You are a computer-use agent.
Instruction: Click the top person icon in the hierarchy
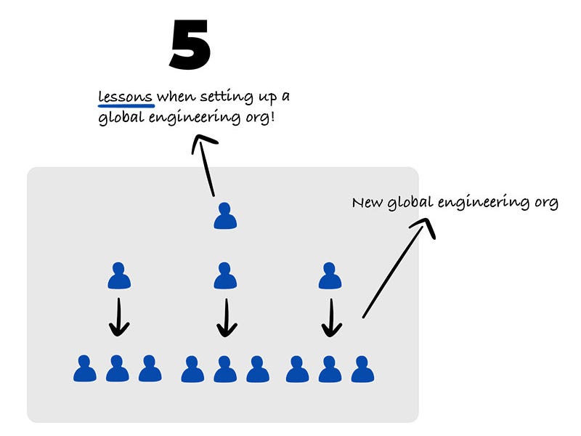click(226, 216)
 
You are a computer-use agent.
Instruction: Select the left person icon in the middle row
click(119, 276)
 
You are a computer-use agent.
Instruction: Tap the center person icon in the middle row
click(226, 276)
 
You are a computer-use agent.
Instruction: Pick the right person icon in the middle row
click(330, 276)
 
